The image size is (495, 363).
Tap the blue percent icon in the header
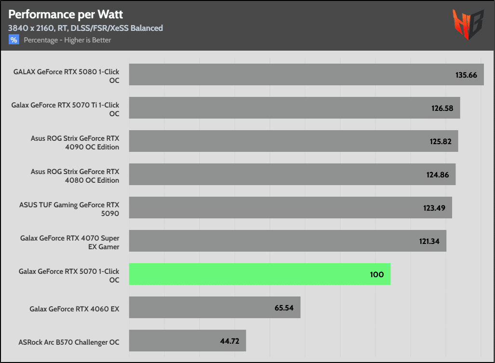[13, 40]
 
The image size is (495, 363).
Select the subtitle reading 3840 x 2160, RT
[85, 28]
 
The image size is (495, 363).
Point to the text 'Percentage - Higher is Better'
[67, 40]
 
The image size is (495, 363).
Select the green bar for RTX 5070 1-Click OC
[259, 274]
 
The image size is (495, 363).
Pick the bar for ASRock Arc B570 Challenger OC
[187, 341]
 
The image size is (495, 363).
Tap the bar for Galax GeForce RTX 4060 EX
[214, 308]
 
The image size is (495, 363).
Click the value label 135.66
[466, 75]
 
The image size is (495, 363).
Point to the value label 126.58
[442, 108]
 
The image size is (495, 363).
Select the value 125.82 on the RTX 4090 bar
[440, 141]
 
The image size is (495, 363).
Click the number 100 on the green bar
[377, 274]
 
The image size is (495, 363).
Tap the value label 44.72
[230, 341]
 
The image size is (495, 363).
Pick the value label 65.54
[284, 308]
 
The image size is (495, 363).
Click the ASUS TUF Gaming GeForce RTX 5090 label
[69, 209]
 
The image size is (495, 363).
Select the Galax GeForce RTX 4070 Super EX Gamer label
[69, 242]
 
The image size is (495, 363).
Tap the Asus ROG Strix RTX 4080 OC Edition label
[75, 175]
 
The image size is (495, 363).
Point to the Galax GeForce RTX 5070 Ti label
[65, 109]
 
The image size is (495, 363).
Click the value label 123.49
[434, 208]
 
